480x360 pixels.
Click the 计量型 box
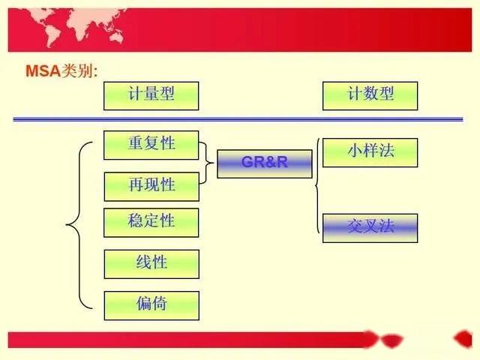tap(151, 96)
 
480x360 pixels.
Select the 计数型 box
tap(370, 96)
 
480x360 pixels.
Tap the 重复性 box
tap(151, 145)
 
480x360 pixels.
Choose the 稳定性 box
tap(151, 222)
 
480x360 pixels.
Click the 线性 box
tap(151, 264)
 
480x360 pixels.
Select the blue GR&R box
tap(264, 163)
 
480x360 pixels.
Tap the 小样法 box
tap(370, 152)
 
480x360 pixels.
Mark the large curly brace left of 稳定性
tap(76, 224)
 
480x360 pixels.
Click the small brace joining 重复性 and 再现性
tap(208, 163)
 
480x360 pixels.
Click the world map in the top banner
tap(67, 22)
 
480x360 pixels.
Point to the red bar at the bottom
tap(187, 339)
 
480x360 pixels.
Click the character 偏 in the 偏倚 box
tap(144, 304)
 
